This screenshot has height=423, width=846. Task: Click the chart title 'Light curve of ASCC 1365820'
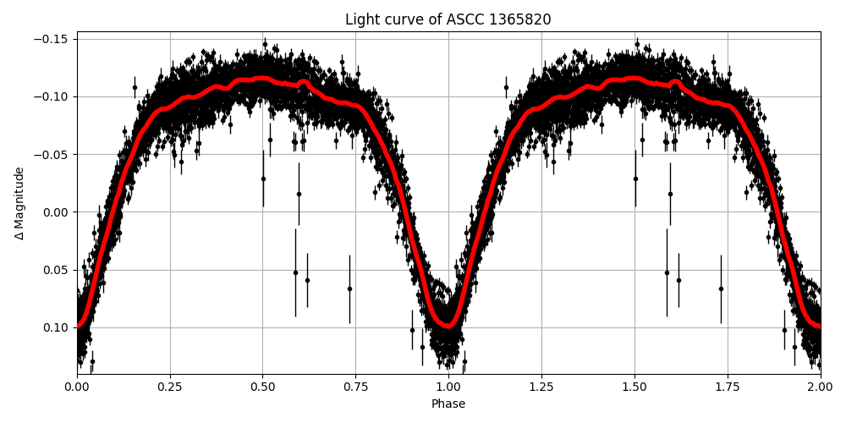[448, 19]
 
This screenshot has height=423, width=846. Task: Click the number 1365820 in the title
[519, 19]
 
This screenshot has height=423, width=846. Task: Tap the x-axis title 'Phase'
[448, 404]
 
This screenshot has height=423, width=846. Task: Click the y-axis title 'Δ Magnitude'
[19, 203]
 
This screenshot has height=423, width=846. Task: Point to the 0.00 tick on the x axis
[77, 387]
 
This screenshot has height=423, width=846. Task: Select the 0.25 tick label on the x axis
[170, 387]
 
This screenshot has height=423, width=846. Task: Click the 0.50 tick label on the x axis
[263, 387]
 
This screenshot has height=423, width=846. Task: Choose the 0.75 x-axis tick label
[355, 387]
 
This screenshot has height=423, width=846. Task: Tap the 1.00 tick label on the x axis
[448, 387]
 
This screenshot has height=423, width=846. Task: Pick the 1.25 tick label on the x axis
[541, 387]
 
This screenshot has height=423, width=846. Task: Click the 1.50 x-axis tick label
[634, 387]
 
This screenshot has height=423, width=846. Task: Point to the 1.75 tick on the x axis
[728, 387]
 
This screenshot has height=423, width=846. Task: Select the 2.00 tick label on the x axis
[820, 387]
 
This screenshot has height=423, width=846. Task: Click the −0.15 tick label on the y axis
[55, 39]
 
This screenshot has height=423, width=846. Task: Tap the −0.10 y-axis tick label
[55, 96]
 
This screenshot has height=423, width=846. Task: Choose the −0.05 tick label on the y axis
[55, 154]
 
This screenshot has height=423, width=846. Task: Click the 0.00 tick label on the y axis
[58, 212]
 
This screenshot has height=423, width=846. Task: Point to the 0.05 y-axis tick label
[58, 270]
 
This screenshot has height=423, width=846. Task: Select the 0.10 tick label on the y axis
[58, 327]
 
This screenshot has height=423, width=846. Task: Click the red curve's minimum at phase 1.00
[448, 324]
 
